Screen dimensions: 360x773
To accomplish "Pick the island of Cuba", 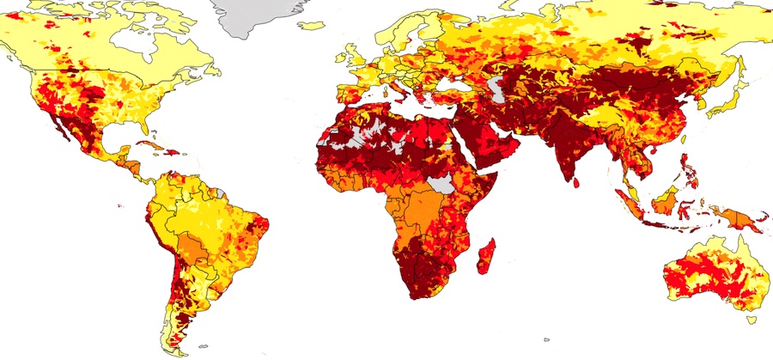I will click(155, 147).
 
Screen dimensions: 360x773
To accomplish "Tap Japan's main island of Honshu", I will click(726, 95).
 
